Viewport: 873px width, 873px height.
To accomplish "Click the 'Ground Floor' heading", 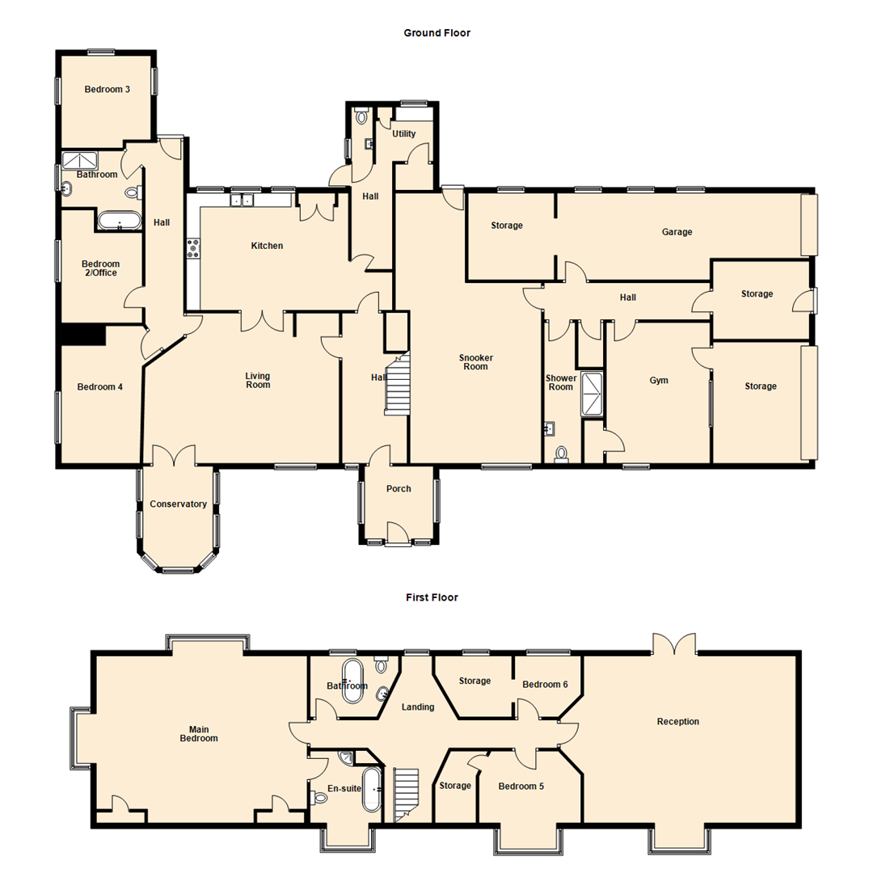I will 436,33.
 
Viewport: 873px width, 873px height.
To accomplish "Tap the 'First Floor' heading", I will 432,597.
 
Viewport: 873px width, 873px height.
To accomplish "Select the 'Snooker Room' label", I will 475,362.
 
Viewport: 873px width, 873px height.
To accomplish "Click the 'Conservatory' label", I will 178,504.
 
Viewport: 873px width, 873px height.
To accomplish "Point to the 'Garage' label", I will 677,232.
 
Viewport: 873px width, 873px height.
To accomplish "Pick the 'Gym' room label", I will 658,380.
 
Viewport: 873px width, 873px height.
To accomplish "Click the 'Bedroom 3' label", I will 108,90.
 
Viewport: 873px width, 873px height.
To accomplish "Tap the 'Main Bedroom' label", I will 199,733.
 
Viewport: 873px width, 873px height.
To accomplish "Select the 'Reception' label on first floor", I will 677,722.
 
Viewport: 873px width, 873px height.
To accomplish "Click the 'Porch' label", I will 399,489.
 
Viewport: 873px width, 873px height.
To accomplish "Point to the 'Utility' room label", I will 404,134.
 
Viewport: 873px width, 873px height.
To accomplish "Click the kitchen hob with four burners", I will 194,248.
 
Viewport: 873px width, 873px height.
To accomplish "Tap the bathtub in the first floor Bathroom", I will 353,681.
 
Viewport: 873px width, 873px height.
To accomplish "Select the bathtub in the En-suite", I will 373,789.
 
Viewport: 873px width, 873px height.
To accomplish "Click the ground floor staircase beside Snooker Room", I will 398,386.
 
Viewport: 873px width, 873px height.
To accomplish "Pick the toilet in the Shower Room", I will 562,455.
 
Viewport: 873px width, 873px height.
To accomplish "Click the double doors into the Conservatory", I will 174,454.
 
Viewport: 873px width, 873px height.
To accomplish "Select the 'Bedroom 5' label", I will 521,786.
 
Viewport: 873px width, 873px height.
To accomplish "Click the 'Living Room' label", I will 258,381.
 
